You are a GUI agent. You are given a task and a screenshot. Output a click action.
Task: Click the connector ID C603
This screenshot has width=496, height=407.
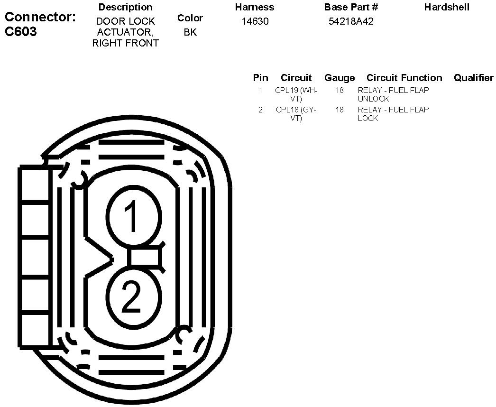click(21, 32)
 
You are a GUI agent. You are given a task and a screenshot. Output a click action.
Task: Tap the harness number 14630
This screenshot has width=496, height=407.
click(255, 21)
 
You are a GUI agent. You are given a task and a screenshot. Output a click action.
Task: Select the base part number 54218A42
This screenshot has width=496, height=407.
click(351, 21)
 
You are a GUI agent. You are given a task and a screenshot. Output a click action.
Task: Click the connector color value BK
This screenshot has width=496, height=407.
click(190, 32)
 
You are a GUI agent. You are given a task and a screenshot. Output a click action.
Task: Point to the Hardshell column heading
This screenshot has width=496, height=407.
click(447, 7)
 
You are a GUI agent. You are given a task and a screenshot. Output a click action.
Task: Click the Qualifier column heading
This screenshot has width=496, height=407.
click(473, 77)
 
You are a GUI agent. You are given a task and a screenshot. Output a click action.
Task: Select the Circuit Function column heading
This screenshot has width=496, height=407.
click(404, 77)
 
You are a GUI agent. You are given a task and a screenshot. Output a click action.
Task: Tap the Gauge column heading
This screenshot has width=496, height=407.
click(340, 78)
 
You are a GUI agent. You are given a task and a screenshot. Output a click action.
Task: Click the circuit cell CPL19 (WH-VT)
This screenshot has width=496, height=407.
click(296, 94)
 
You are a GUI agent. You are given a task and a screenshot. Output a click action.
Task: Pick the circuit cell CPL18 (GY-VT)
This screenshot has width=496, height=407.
click(296, 114)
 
